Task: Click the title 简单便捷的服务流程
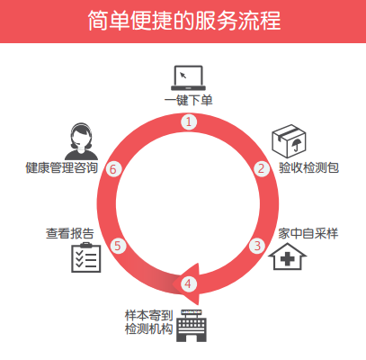tap(184, 21)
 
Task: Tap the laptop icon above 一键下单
tap(188, 78)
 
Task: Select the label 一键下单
tap(188, 100)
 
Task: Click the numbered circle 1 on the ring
tap(189, 122)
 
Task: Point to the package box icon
tap(289, 141)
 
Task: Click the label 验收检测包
tap(308, 167)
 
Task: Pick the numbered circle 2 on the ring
tap(262, 168)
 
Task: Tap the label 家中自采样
tap(308, 233)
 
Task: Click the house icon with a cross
tap(287, 256)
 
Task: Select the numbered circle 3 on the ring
tap(257, 246)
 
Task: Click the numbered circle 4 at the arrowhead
tap(188, 283)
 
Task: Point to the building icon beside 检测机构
tap(192, 326)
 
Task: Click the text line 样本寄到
tap(149, 316)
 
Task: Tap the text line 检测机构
tap(149, 328)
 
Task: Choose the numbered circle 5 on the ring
tap(118, 246)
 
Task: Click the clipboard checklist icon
tap(86, 257)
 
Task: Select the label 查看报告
tap(70, 233)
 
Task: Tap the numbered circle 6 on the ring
tap(113, 169)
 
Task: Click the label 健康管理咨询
tap(62, 167)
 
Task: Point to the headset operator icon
tap(81, 141)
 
